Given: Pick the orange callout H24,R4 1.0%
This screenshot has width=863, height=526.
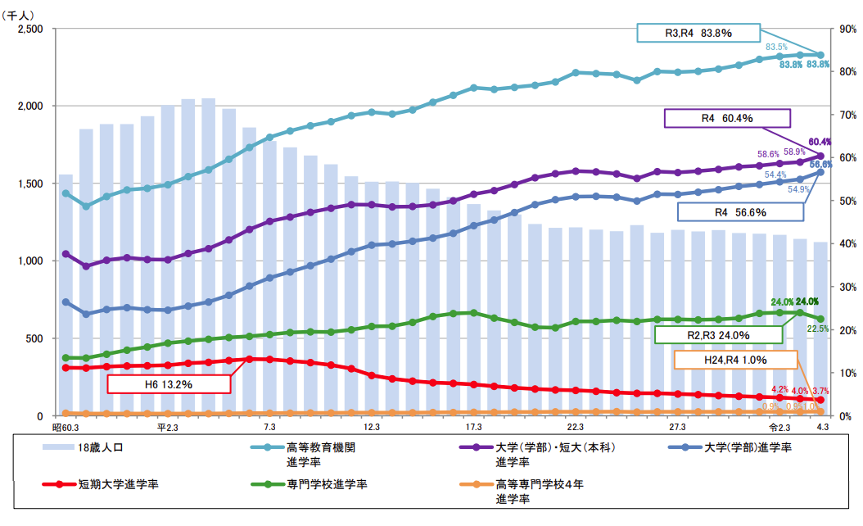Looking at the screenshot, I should point(735,360).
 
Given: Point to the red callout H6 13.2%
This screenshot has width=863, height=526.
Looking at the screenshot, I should point(169,383).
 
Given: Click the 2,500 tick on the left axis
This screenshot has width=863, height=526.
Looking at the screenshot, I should point(31,29).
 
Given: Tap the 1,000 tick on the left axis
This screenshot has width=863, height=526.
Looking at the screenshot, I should point(31,261).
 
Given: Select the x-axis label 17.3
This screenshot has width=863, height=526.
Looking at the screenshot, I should point(473,427).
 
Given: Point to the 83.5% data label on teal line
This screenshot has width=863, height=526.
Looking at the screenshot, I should point(776,47).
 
